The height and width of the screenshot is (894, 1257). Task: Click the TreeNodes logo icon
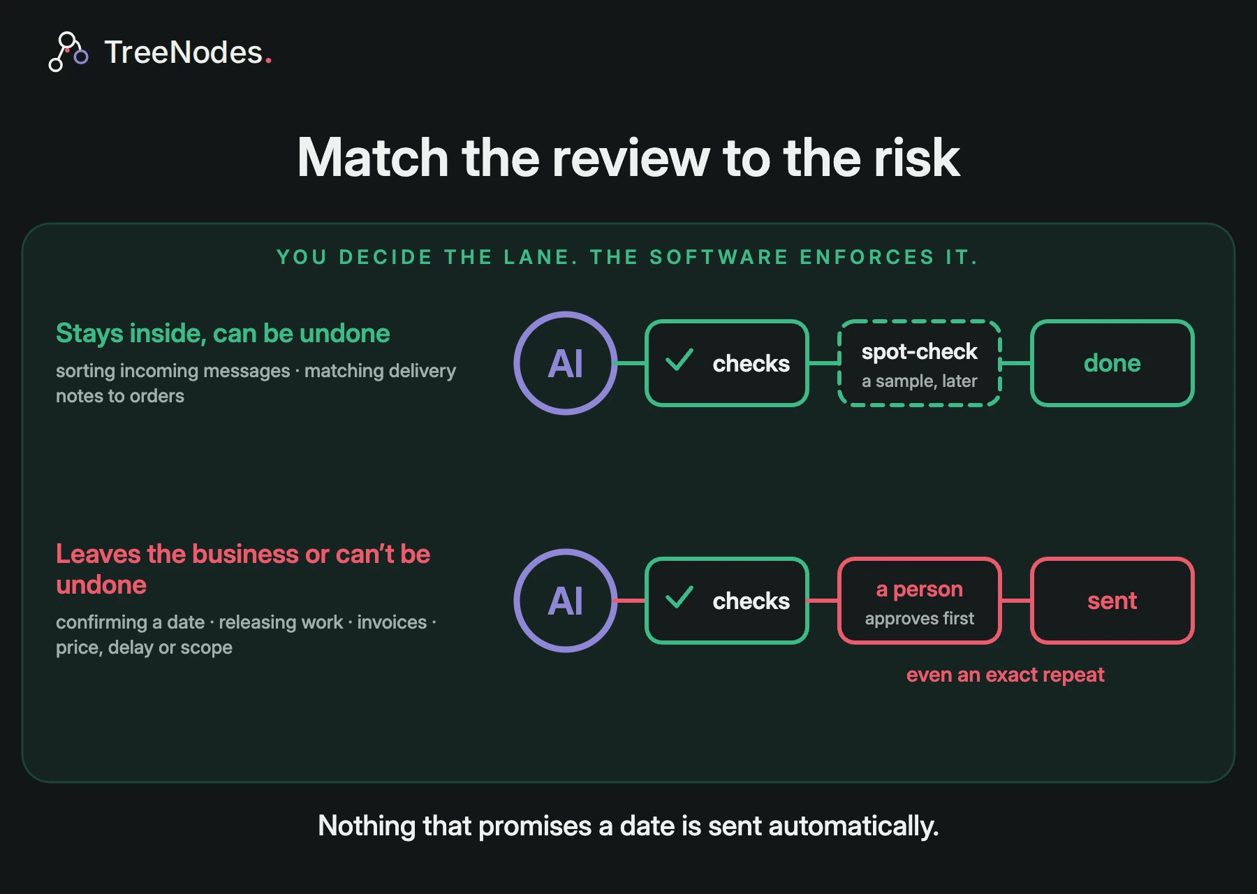pyautogui.click(x=68, y=52)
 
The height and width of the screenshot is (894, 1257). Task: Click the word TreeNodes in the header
pyautogui.click(x=184, y=52)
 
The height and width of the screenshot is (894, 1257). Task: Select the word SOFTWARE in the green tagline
pyautogui.click(x=719, y=257)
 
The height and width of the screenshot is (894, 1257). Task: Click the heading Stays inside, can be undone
pyautogui.click(x=223, y=333)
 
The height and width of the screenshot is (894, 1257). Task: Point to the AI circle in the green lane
pyautogui.click(x=566, y=363)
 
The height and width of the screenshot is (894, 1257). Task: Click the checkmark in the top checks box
pyautogui.click(x=679, y=360)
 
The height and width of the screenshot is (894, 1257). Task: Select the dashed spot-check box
pyautogui.click(x=920, y=363)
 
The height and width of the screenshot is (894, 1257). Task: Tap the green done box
pyautogui.click(x=1112, y=363)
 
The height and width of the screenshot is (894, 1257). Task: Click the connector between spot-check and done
pyautogui.click(x=1016, y=363)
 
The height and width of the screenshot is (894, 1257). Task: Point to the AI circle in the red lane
pyautogui.click(x=566, y=601)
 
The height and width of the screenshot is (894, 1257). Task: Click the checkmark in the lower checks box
pyautogui.click(x=679, y=597)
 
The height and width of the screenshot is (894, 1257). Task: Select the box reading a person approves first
pyautogui.click(x=920, y=601)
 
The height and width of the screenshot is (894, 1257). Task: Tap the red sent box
pyautogui.click(x=1112, y=601)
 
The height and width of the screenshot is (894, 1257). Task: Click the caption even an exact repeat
pyautogui.click(x=1006, y=675)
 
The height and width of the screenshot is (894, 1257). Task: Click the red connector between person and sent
pyautogui.click(x=1016, y=601)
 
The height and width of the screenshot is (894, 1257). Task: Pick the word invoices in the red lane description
pyautogui.click(x=392, y=622)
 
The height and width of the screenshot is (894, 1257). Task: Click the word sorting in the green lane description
pyautogui.click(x=85, y=371)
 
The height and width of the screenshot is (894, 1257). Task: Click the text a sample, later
pyautogui.click(x=920, y=381)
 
